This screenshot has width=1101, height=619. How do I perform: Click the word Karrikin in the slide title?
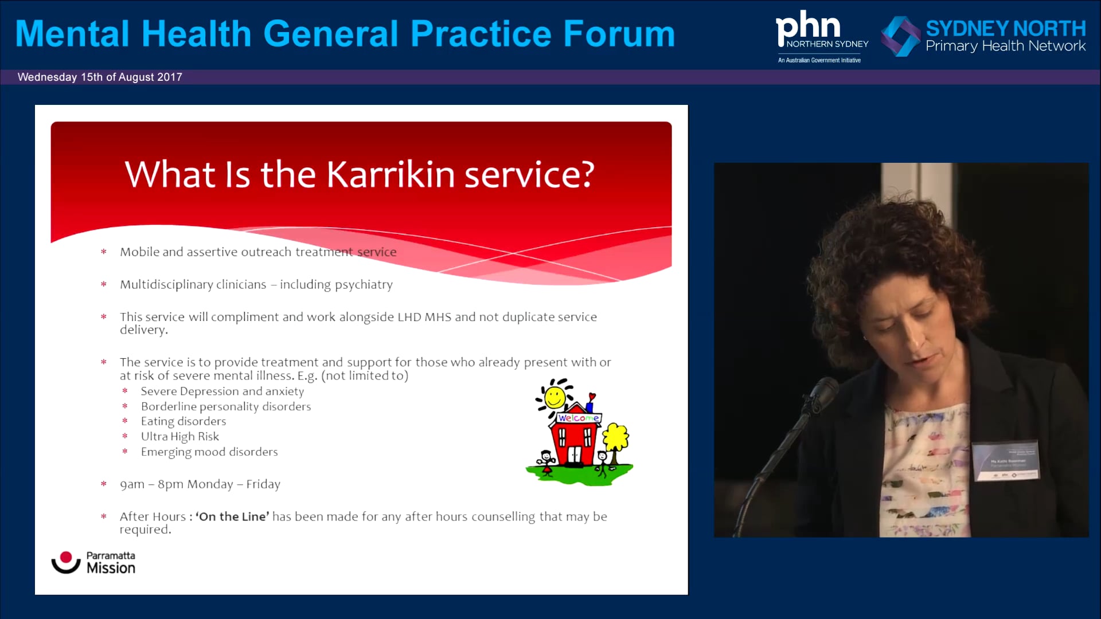tap(391, 174)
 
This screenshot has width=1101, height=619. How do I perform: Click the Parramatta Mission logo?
tap(93, 562)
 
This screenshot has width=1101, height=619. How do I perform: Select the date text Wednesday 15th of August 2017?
tap(100, 77)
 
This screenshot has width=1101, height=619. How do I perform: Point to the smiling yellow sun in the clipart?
tap(555, 397)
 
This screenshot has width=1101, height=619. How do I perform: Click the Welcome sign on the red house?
tap(578, 418)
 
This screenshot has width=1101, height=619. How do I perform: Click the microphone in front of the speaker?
tap(823, 393)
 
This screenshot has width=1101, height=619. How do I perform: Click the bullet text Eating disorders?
tap(183, 421)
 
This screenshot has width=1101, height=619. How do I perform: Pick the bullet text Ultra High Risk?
tap(180, 436)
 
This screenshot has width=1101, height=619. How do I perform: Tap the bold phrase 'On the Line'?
tap(232, 516)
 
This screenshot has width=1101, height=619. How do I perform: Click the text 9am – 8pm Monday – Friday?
tap(200, 484)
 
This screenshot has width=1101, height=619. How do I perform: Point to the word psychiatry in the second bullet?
tap(364, 285)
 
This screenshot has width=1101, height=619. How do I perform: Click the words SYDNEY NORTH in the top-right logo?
tap(1005, 28)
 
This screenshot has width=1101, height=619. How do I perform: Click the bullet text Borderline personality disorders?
tap(226, 406)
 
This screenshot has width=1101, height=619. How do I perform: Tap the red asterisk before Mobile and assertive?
tap(104, 252)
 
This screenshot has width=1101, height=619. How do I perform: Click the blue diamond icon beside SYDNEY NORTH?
tap(900, 36)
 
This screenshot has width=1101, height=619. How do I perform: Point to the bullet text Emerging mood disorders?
tap(209, 452)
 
